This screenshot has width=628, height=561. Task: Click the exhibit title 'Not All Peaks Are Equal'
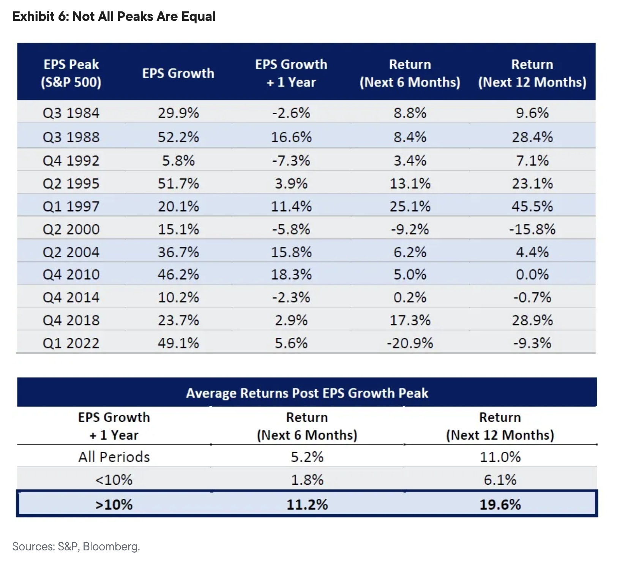click(144, 17)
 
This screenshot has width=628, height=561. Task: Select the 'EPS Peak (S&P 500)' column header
click(71, 73)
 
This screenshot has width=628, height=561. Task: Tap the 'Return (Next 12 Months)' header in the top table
click(532, 73)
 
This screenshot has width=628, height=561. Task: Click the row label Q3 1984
click(71, 113)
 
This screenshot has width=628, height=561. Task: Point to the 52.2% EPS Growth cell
click(178, 137)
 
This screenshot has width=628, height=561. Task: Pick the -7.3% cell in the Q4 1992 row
click(291, 161)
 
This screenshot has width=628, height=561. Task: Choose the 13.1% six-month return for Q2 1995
click(410, 184)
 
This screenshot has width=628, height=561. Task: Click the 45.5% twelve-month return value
click(532, 206)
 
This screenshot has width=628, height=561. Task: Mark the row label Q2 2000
click(71, 229)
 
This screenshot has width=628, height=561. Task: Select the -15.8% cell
click(532, 229)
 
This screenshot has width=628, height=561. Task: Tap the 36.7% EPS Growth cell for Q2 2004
click(178, 252)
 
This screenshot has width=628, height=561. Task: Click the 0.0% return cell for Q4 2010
click(532, 274)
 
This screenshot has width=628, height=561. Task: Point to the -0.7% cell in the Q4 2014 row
click(532, 297)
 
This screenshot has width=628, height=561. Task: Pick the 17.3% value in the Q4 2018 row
click(410, 320)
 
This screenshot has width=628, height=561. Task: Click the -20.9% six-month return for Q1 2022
click(410, 343)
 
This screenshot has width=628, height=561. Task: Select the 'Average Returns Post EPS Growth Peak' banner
click(307, 393)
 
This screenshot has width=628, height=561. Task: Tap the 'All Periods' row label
click(114, 457)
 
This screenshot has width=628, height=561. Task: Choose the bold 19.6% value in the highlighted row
click(500, 505)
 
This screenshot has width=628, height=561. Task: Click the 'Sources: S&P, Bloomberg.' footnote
click(76, 547)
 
